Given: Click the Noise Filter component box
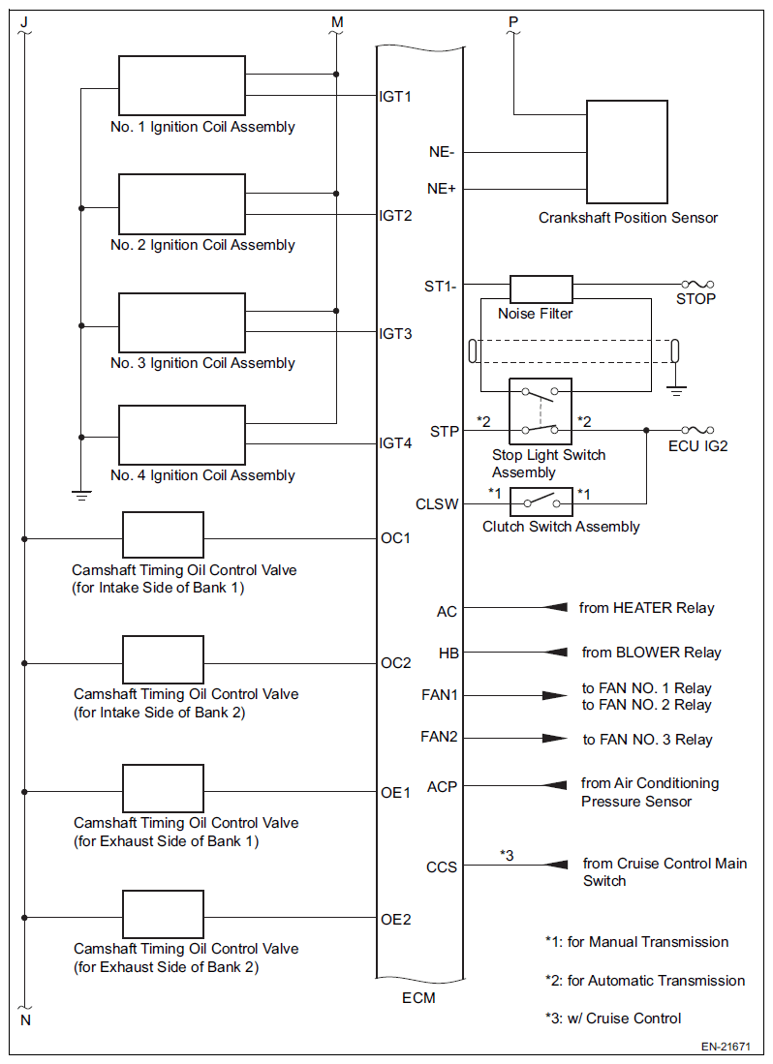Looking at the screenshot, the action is click(x=541, y=289).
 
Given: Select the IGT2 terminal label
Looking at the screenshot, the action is click(x=395, y=216).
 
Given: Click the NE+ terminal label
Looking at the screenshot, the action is click(x=441, y=189).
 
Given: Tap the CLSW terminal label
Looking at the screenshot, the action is click(x=437, y=504).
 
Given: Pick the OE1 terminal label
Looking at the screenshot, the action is click(x=395, y=793).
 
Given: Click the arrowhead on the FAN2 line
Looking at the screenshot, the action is click(x=555, y=739).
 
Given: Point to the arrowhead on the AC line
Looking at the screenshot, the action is click(x=556, y=607).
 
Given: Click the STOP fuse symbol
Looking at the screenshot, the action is click(x=697, y=285).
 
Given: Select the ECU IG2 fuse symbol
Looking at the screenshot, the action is click(x=697, y=430).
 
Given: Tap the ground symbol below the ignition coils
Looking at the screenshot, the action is click(x=81, y=496).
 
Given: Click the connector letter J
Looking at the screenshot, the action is click(x=24, y=21).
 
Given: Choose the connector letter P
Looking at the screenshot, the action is click(x=513, y=21).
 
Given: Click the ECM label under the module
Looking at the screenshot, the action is click(x=418, y=998).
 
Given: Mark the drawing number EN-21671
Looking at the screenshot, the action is click(x=727, y=1047).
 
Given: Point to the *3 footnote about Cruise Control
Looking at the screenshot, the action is click(x=613, y=1018).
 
